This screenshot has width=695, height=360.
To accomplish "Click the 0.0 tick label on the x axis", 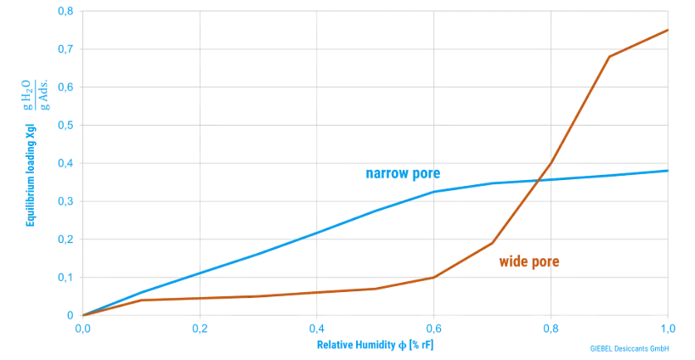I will tap(82, 325).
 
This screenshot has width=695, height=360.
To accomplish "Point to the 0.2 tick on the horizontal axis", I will tap(199, 325).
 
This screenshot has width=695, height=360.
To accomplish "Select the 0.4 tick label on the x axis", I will tap(316, 325).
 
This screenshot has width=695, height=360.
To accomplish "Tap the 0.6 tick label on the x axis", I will tap(432, 325).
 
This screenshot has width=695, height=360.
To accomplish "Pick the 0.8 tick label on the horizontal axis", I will tap(550, 325).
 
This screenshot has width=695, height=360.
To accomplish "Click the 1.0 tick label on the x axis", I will tap(667, 325).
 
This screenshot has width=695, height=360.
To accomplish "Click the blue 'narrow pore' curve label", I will tap(402, 175).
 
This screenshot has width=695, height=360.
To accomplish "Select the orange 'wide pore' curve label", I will tap(528, 263).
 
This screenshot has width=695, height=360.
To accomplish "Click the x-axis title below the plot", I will tap(376, 345).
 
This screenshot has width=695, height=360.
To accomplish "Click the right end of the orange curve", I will tap(668, 30).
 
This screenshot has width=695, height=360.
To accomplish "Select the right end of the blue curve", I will tap(668, 171).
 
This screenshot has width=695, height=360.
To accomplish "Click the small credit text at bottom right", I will tap(630, 348).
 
